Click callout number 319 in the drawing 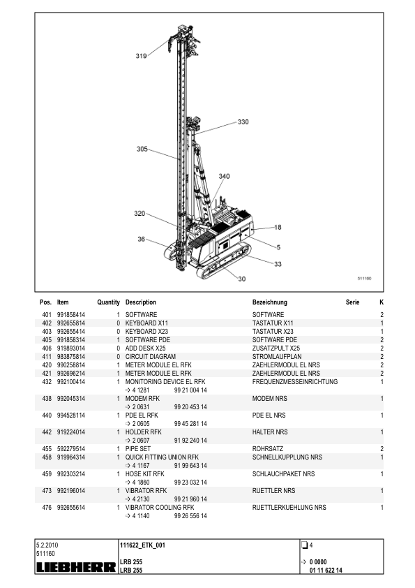tap(141, 56)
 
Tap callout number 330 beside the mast tap(243, 122)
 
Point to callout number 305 tap(142, 149)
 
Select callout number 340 tap(224, 176)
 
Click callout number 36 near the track tap(141, 239)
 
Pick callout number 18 tap(278, 227)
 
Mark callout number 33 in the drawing tap(278, 264)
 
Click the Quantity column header tap(108, 302)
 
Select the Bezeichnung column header tap(270, 302)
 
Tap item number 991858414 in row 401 tap(70, 315)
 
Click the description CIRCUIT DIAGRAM tap(150, 357)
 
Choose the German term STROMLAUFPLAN tap(277, 357)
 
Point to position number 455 tap(47, 449)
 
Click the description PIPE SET tap(138, 449)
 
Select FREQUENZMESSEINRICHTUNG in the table tap(295, 382)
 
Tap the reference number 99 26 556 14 tap(190, 516)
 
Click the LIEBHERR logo tap(76, 567)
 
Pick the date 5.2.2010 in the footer tap(47, 545)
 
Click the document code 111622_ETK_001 tap(142, 545)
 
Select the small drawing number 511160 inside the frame tap(365, 279)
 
